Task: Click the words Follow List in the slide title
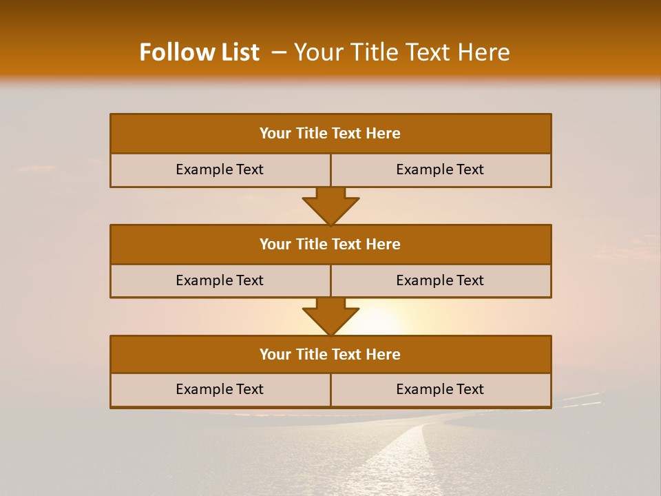[199, 52]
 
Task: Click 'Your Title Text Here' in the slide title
[401, 52]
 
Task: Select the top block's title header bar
[330, 134]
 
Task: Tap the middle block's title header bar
[330, 245]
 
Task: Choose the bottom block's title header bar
[330, 355]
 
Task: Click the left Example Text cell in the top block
[220, 170]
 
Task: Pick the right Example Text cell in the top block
[440, 170]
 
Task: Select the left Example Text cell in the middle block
[220, 281]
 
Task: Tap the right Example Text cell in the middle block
[440, 281]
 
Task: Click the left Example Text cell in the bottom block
[220, 390]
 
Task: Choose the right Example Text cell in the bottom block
[440, 390]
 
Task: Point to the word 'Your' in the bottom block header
[275, 355]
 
